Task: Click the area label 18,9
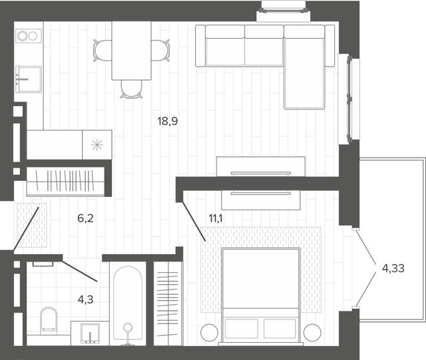pos(168,121)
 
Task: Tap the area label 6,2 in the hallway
pos(85,218)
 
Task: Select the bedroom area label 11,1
pos(216,218)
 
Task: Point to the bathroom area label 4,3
pos(85,299)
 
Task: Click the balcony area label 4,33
pos(393,268)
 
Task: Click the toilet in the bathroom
pos(49,321)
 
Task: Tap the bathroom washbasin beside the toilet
pos(90,333)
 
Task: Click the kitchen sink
pos(29,79)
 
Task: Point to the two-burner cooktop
pos(29,36)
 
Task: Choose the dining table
pos(132,51)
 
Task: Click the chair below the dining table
pos(132,89)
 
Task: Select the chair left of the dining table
pos(103,51)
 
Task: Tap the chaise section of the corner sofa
pos(304,73)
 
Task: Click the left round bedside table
pos(209,333)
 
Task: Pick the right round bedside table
pos(312,333)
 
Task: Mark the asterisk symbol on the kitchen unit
pos(97,145)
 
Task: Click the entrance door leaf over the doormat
pos(26,228)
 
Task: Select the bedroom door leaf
pos(193,221)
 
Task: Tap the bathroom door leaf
pos(79,271)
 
